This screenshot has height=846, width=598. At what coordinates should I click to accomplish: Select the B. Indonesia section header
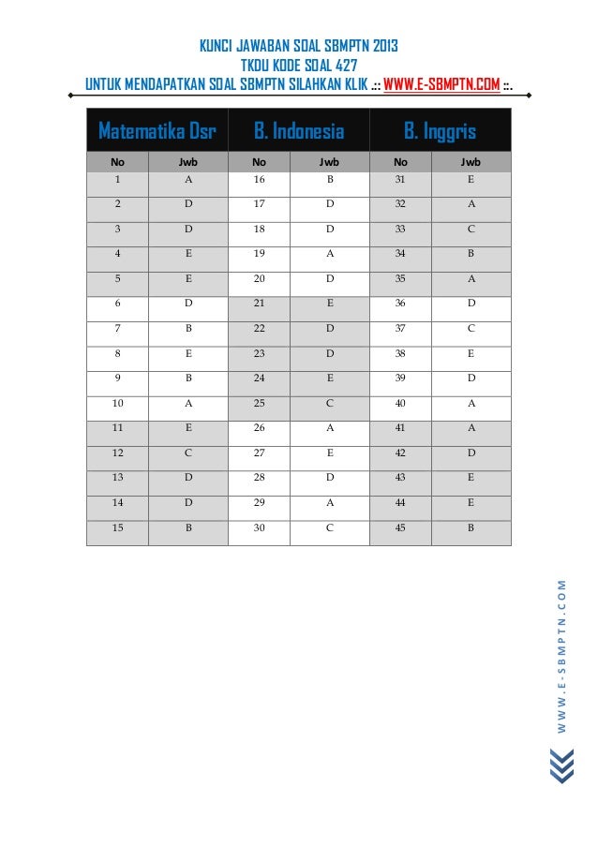click(299, 130)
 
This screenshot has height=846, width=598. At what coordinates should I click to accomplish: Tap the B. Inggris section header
click(441, 130)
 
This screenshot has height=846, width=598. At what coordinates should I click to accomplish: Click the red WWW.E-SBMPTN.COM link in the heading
click(441, 87)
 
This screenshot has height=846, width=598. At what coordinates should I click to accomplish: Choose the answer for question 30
click(330, 530)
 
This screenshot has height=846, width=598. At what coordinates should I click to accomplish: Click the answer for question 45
click(471, 530)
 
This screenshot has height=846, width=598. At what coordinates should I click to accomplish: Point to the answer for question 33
click(471, 230)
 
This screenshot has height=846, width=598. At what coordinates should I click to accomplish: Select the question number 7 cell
click(118, 330)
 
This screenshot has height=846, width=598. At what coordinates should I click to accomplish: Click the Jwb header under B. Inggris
click(471, 161)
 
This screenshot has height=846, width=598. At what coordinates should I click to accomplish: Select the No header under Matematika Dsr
click(118, 161)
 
